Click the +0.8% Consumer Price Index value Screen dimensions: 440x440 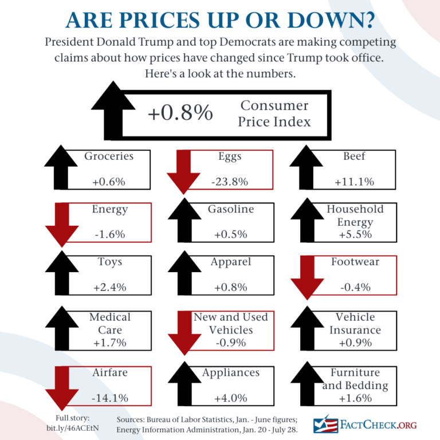(180, 113)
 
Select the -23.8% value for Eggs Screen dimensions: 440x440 (229, 182)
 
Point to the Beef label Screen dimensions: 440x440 (354, 156)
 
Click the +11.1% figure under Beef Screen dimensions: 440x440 (354, 182)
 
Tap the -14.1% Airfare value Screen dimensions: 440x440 (109, 398)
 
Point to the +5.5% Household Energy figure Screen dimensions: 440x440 (354, 234)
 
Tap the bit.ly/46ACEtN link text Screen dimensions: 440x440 (72, 428)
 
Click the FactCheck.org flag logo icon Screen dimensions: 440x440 (325, 424)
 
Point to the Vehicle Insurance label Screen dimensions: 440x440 (355, 323)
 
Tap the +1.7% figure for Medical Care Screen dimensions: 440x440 (109, 343)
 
